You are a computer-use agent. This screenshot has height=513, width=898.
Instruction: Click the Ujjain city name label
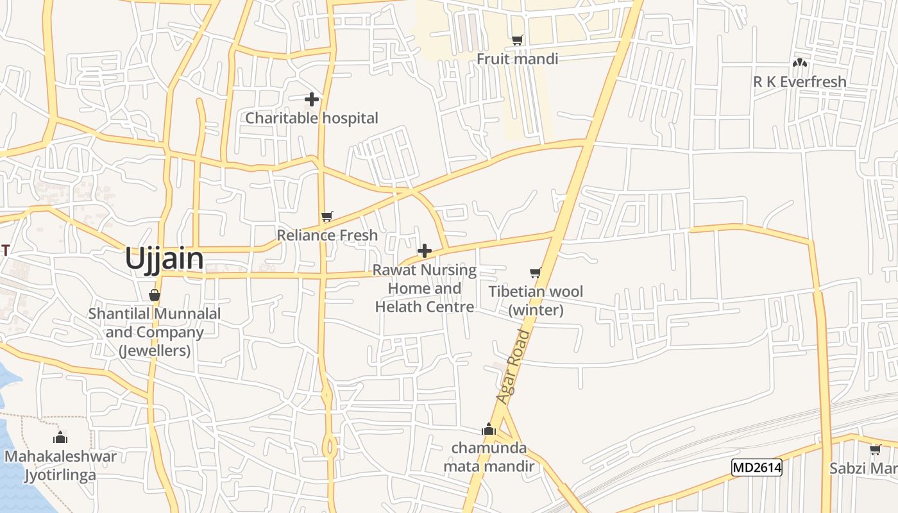(x=164, y=259)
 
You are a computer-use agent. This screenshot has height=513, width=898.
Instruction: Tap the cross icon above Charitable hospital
(x=312, y=99)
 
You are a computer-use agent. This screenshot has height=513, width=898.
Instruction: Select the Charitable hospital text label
(x=312, y=118)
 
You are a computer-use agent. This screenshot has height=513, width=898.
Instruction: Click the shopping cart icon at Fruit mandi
(x=518, y=40)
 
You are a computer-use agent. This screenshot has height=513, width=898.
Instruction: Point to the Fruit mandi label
(x=517, y=59)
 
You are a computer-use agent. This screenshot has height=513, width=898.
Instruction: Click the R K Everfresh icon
(x=799, y=63)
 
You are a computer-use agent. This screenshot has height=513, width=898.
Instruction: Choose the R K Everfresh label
(x=799, y=82)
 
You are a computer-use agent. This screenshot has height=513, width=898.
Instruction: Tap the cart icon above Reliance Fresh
(x=327, y=216)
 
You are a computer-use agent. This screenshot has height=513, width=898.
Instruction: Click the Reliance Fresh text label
(x=327, y=235)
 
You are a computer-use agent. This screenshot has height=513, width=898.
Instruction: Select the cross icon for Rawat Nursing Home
(x=425, y=251)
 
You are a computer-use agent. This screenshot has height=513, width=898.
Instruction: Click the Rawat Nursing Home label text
(x=425, y=289)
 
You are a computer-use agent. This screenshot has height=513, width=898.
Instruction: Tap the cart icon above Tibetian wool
(x=536, y=273)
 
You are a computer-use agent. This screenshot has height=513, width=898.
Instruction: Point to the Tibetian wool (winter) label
(x=536, y=301)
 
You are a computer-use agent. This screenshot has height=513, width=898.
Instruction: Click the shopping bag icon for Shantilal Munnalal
(x=155, y=295)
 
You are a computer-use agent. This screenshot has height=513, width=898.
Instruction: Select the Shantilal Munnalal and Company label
(x=155, y=332)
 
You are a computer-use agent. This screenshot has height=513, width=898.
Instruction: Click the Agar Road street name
(x=514, y=367)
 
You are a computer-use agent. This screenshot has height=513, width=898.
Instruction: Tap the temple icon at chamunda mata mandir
(x=489, y=429)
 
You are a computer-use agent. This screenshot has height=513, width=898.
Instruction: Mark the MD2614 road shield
(x=757, y=467)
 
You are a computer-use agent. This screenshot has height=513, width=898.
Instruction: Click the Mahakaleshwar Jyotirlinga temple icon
(x=60, y=438)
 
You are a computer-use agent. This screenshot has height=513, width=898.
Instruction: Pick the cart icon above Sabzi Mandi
(x=875, y=450)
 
